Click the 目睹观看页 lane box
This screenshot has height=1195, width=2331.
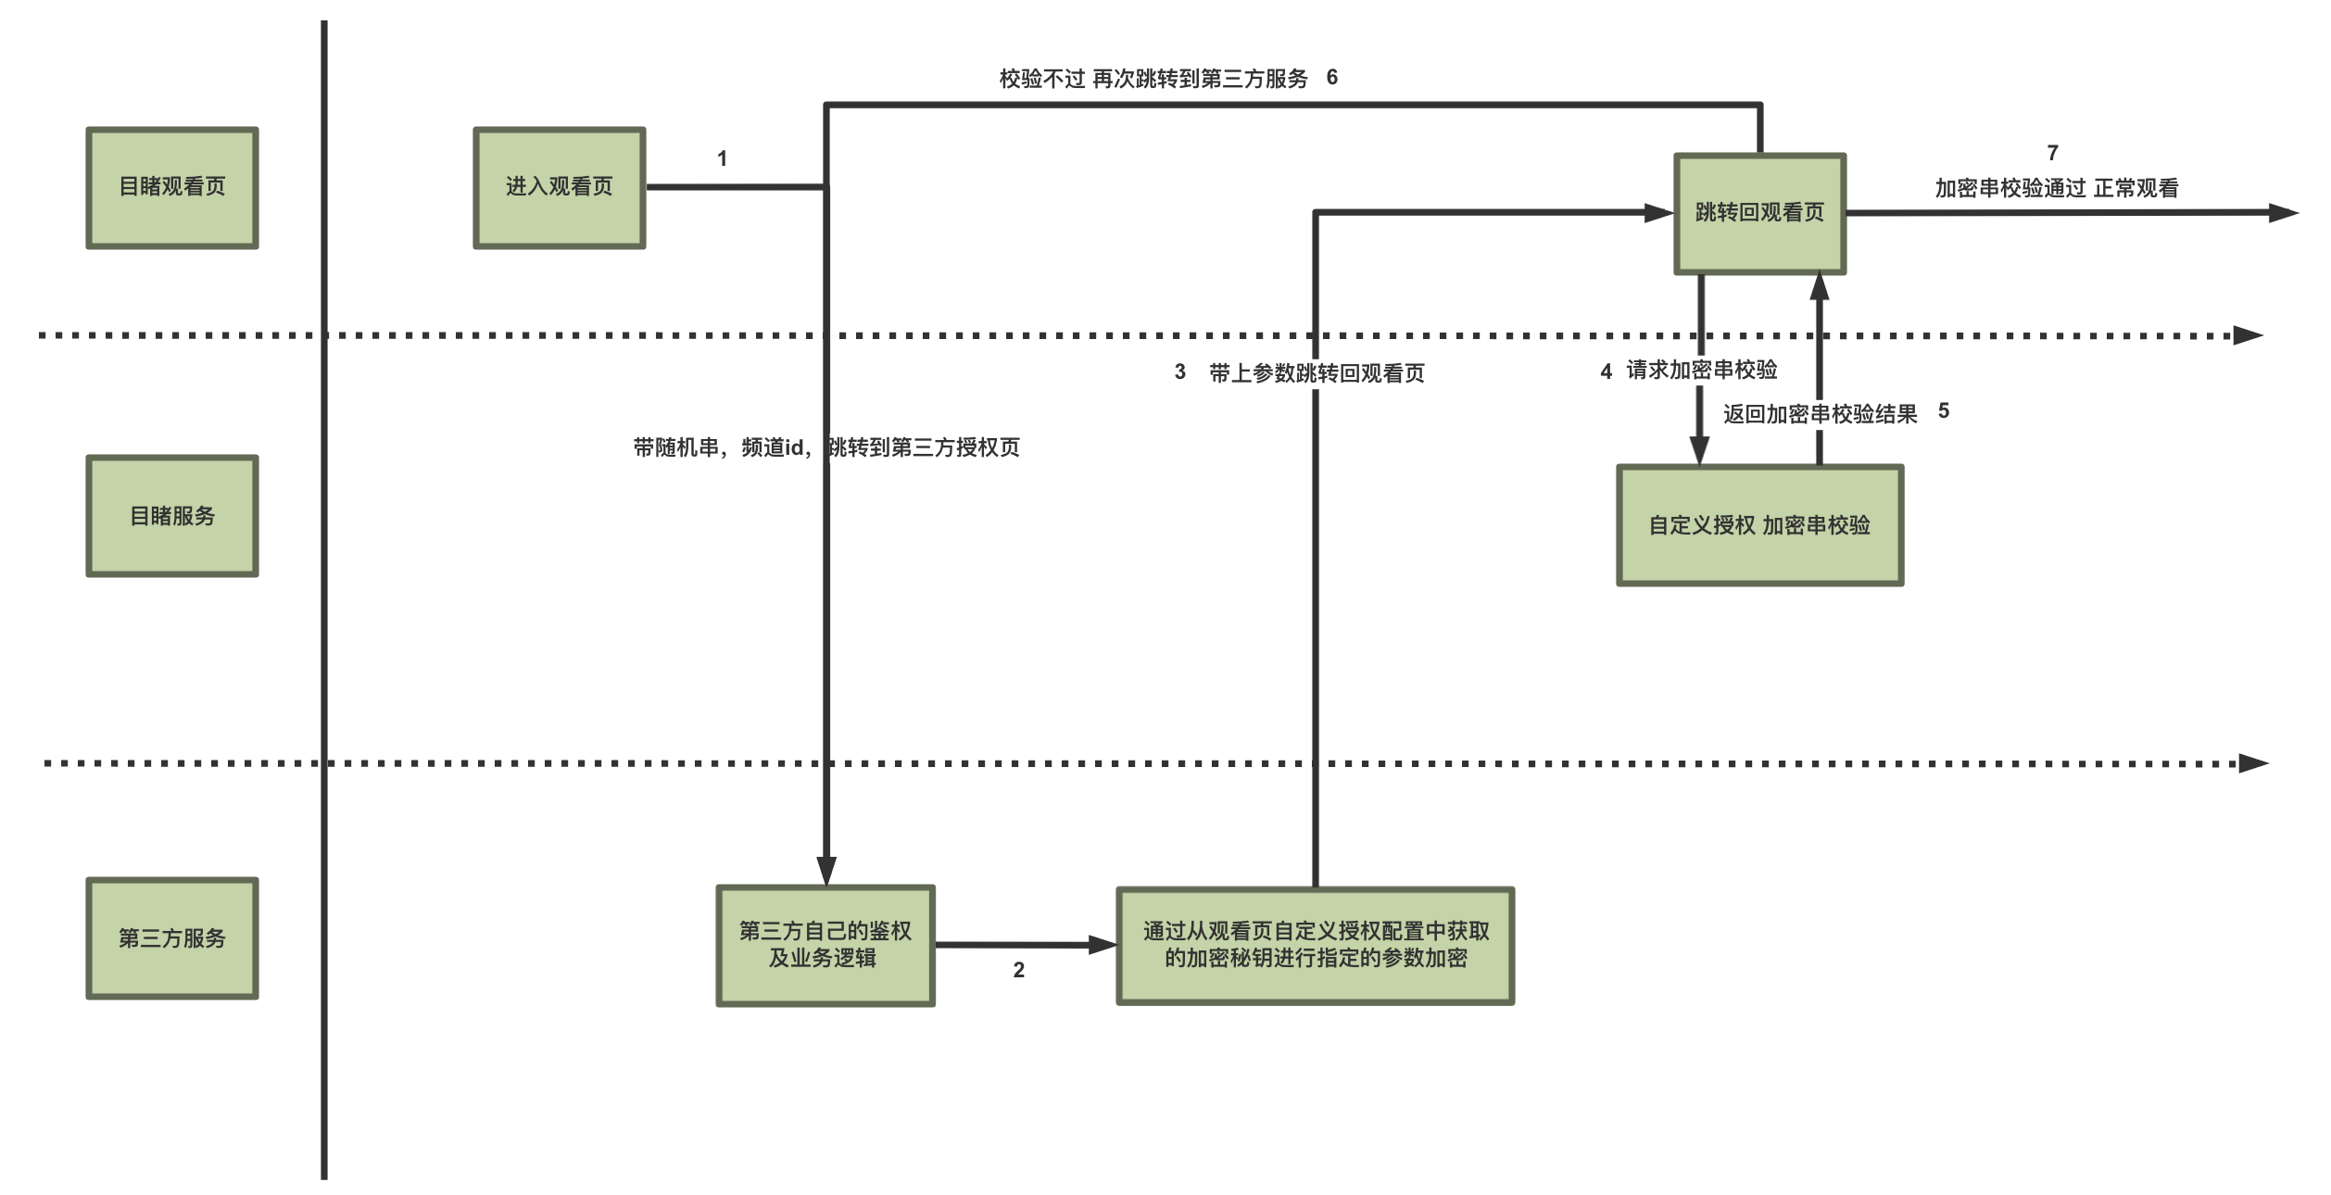tap(172, 188)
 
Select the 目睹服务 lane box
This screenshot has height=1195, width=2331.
tap(172, 516)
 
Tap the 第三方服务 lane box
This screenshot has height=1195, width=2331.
tap(172, 938)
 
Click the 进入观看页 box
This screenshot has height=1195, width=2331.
tap(560, 188)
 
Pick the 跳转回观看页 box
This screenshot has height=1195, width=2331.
tap(1759, 214)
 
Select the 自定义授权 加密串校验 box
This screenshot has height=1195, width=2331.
tap(1759, 525)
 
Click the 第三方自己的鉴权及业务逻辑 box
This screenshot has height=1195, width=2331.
tap(825, 945)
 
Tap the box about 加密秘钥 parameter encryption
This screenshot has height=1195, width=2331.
tap(1316, 945)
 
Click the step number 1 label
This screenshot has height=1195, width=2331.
tap(723, 158)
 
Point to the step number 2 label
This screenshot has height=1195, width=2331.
tap(1019, 970)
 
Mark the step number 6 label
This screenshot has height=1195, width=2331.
tap(1332, 77)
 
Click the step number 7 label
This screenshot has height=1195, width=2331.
tap(2053, 152)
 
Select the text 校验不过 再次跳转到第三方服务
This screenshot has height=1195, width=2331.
tap(1153, 79)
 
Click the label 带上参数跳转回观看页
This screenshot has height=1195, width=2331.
tap(1317, 373)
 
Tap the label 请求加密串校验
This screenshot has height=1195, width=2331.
tap(1702, 370)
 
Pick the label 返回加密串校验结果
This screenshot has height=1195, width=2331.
tap(1821, 414)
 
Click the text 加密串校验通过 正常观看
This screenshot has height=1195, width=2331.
tap(2057, 188)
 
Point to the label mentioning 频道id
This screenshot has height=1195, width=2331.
tap(826, 447)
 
